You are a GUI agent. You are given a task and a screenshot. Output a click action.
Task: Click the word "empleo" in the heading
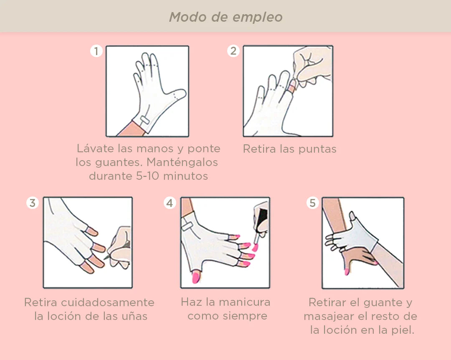tap(257, 18)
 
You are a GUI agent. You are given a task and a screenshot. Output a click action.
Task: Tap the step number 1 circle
tap(96, 51)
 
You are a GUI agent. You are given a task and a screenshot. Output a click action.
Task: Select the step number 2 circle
tap(233, 51)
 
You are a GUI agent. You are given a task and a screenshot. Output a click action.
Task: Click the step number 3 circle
tap(33, 203)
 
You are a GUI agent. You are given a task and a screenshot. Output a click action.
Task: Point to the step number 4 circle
tap(170, 203)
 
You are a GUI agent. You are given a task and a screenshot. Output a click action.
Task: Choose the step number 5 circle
tap(313, 203)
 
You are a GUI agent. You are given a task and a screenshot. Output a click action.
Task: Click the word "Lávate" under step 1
tap(96, 148)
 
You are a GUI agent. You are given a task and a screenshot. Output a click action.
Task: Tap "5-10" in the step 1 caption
tap(147, 176)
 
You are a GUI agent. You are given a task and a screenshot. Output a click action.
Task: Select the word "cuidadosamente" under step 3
tap(108, 302)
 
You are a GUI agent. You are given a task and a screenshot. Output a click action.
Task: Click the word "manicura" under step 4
tap(244, 302)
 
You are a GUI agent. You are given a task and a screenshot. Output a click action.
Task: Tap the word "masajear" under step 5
tap(329, 316)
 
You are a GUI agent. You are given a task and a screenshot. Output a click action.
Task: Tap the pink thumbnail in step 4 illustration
tap(196, 277)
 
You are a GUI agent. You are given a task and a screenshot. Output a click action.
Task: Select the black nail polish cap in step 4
tap(262, 216)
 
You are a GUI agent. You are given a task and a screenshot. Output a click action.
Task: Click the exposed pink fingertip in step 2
tap(292, 86)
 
